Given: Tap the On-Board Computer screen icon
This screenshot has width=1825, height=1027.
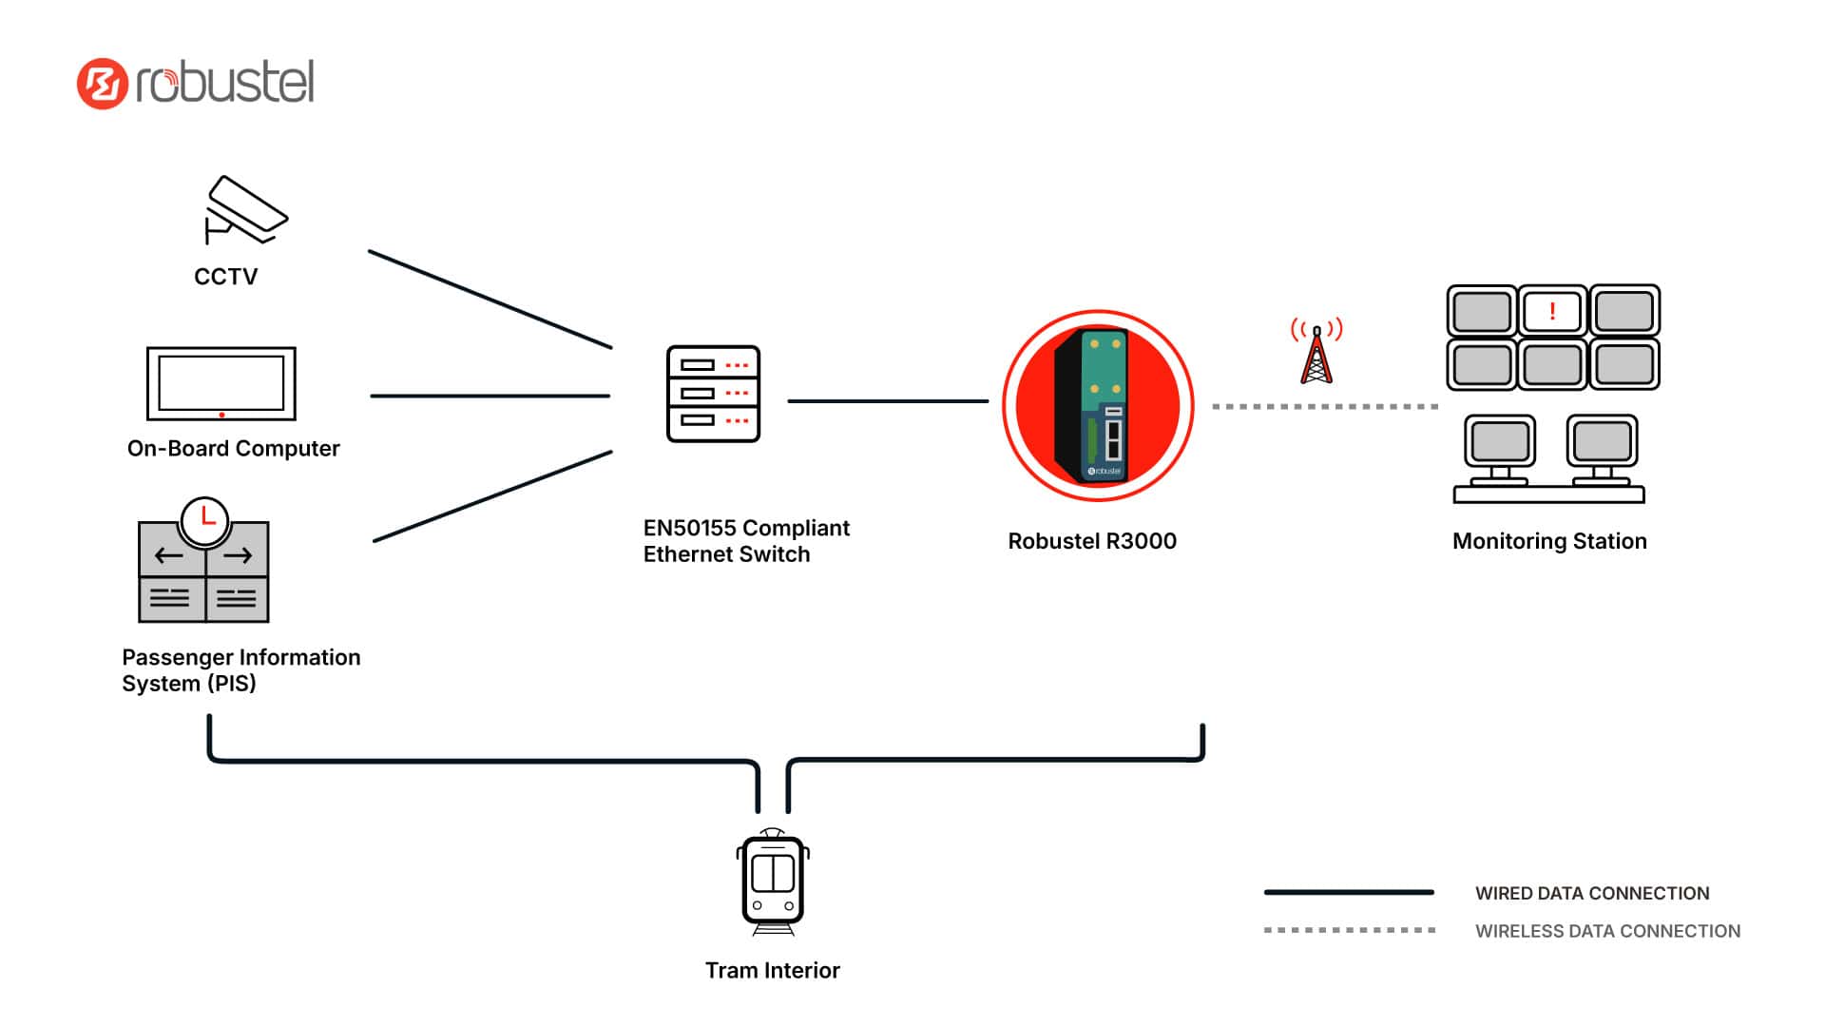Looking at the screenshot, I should (x=221, y=383).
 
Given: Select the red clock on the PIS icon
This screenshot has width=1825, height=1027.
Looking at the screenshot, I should (x=204, y=520).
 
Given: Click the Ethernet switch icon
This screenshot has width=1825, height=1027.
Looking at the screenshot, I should (x=713, y=394).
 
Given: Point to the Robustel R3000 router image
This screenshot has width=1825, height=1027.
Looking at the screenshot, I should (x=1098, y=406).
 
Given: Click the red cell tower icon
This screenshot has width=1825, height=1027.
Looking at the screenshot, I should (x=1316, y=353).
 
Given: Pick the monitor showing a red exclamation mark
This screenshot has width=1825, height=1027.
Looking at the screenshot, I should (x=1552, y=311).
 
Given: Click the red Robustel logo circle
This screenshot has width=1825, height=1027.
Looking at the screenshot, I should (x=103, y=84).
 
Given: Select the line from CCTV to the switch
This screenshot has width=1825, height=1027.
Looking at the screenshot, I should (x=490, y=299).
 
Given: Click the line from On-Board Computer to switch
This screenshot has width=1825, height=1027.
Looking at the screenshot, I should (x=490, y=396).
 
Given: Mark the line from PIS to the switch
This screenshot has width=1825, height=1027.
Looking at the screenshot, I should (x=492, y=496).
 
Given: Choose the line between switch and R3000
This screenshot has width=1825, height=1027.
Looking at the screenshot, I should (x=888, y=401).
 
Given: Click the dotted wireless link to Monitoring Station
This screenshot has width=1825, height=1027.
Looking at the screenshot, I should (x=1325, y=407).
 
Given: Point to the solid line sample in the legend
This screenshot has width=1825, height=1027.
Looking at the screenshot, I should (x=1348, y=892).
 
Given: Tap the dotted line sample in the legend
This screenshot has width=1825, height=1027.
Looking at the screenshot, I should (x=1348, y=930).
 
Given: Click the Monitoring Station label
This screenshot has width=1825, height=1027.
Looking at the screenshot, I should (x=1549, y=541).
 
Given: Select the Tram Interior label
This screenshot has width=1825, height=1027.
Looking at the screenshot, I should (x=772, y=970).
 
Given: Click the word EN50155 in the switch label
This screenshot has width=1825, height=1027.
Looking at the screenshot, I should (x=690, y=528).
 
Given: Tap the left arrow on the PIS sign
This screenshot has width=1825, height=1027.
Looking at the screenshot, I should (x=169, y=555).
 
